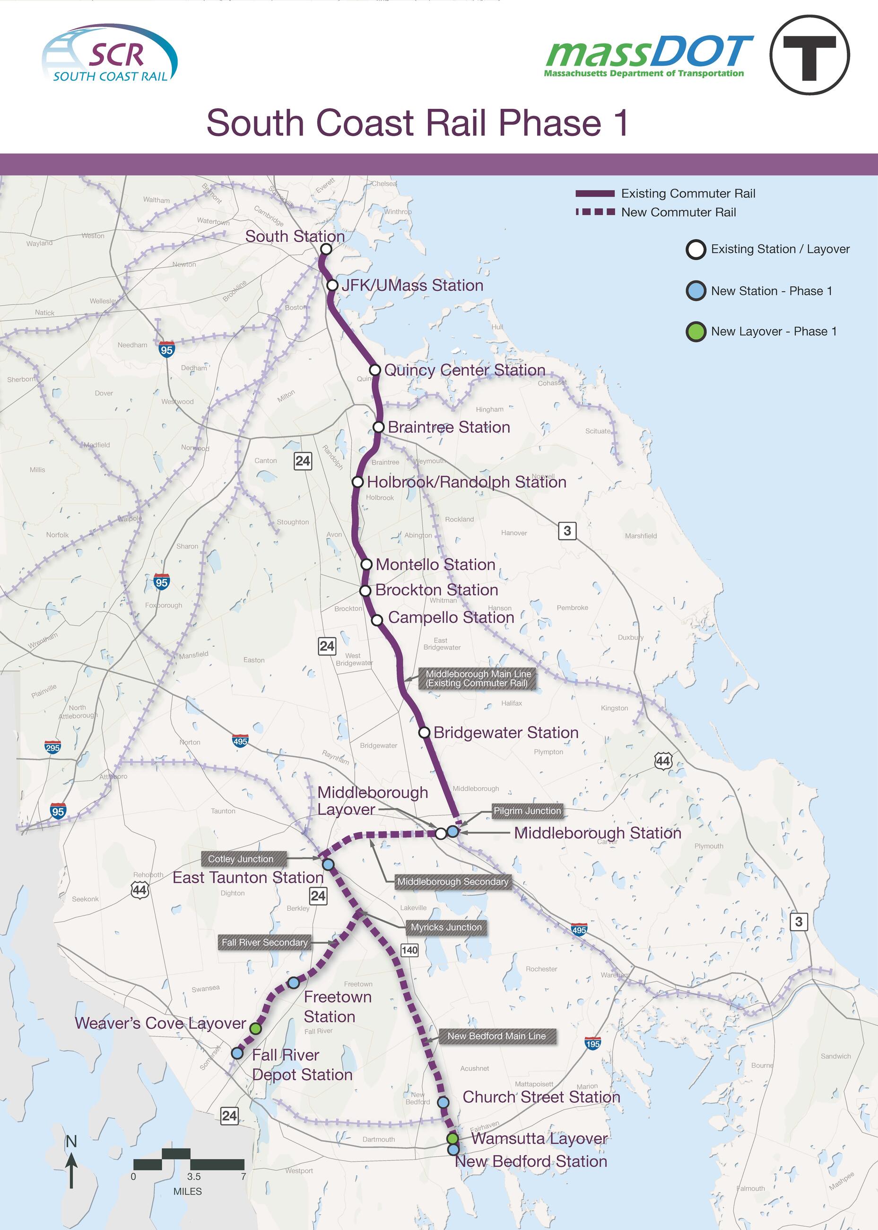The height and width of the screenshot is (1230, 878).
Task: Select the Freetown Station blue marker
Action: point(293,982)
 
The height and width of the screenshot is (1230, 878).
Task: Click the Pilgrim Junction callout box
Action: point(527,810)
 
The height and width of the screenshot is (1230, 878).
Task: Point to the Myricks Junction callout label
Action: point(446,927)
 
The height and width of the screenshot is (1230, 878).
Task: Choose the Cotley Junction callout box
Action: point(241,859)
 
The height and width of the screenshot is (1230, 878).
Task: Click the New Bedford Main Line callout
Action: point(496,1036)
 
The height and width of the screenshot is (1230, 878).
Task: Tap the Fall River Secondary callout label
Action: point(264,942)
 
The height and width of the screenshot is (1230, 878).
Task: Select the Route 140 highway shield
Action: point(409,950)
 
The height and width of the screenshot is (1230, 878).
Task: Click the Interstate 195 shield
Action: point(592,1044)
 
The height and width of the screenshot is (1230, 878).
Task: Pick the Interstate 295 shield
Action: point(52,747)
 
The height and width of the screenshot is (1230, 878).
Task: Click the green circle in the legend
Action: point(696,332)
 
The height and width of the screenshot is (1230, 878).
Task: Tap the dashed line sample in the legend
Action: point(595,212)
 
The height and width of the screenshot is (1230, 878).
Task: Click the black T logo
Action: point(809,55)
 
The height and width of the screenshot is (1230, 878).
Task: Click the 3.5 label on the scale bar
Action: point(193,1177)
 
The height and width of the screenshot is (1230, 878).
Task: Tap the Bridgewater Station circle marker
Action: point(425,732)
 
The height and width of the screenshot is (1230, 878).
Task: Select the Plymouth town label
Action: point(708,846)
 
